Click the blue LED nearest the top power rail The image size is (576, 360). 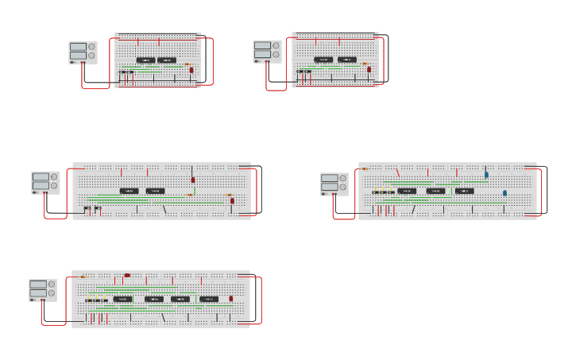[486, 175]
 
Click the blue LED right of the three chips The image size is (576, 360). [504, 193]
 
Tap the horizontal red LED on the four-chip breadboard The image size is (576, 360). [127, 276]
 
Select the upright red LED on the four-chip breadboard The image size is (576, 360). [231, 299]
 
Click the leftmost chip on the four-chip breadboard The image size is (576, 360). [123, 299]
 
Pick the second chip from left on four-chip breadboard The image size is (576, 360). [154, 299]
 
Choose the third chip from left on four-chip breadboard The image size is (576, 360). [180, 299]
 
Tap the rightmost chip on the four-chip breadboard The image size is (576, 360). [209, 299]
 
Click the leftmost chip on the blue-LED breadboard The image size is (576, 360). [407, 191]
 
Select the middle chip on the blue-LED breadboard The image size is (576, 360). [435, 191]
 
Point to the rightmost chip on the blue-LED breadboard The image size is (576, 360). [465, 191]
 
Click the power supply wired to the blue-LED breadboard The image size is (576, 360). [334, 184]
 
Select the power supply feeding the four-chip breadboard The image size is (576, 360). [43, 289]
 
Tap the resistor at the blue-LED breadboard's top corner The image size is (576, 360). [365, 168]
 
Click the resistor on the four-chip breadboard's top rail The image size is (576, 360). [83, 277]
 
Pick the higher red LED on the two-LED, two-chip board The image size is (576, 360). [193, 180]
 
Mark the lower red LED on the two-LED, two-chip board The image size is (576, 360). [233, 200]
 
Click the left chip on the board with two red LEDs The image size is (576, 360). [129, 191]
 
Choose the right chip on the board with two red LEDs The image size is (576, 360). [156, 191]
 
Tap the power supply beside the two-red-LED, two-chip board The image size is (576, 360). [45, 182]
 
